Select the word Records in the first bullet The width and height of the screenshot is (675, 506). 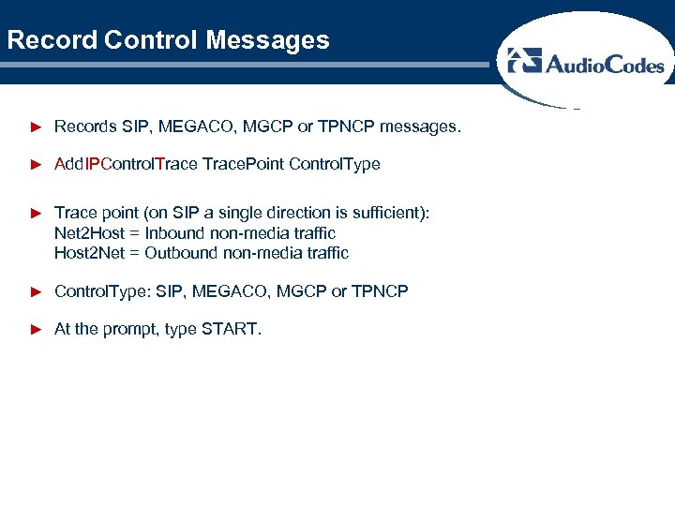[86, 126]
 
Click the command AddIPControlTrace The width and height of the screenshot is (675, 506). [127, 164]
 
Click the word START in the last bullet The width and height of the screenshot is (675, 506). [229, 330]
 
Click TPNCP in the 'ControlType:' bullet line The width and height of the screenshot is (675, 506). [380, 291]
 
